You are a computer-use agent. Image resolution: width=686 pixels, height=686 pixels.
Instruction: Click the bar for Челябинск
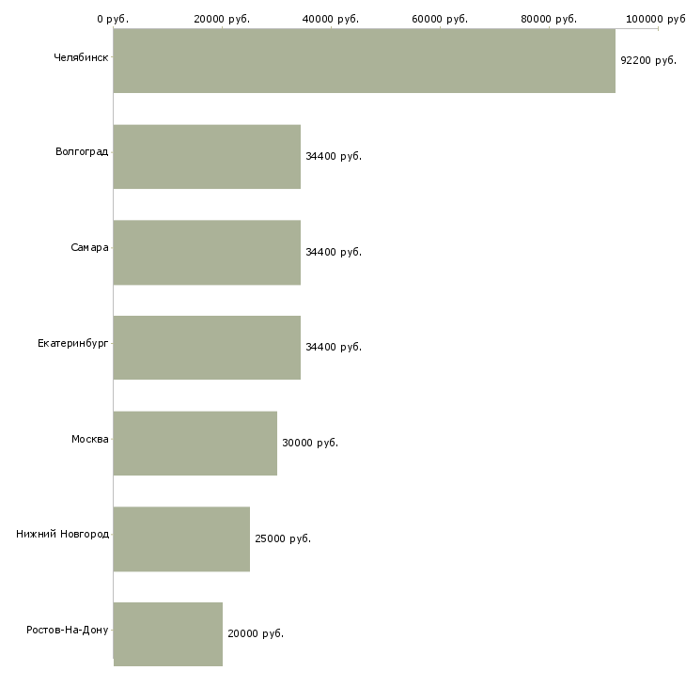[365, 61]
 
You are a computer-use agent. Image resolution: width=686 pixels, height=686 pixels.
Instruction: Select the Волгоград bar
[207, 157]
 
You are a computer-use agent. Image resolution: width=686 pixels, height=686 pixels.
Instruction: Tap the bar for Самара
[207, 253]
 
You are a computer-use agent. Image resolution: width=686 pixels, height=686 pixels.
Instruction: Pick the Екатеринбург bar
[207, 348]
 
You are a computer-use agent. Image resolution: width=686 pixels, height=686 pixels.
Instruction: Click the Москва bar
[195, 444]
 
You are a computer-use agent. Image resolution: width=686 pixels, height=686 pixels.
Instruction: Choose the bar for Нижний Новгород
[181, 539]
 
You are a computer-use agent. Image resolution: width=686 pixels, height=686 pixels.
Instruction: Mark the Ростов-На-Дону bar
[168, 634]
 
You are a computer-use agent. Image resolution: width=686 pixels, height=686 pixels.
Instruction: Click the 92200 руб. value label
[648, 60]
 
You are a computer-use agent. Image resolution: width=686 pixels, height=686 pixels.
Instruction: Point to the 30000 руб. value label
[310, 443]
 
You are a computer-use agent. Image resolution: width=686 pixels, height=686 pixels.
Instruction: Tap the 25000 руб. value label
[283, 538]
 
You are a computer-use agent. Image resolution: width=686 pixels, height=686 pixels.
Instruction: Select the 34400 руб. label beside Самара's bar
[334, 252]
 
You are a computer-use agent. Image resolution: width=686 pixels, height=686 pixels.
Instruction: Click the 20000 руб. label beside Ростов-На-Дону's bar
[256, 633]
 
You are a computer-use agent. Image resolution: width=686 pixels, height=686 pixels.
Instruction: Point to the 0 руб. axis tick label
[113, 19]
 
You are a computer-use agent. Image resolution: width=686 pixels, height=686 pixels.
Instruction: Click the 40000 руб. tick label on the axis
[330, 19]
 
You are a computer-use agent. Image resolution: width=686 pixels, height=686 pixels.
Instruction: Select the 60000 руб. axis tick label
[440, 19]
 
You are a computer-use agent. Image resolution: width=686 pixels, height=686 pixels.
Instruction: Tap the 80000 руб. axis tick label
[549, 19]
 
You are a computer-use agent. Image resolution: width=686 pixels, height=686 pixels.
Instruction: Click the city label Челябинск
[81, 57]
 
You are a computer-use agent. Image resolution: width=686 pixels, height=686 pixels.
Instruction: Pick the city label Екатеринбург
[72, 343]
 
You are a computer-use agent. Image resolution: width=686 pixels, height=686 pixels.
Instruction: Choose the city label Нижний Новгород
[63, 534]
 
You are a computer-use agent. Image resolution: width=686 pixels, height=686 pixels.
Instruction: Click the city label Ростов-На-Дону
[68, 630]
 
